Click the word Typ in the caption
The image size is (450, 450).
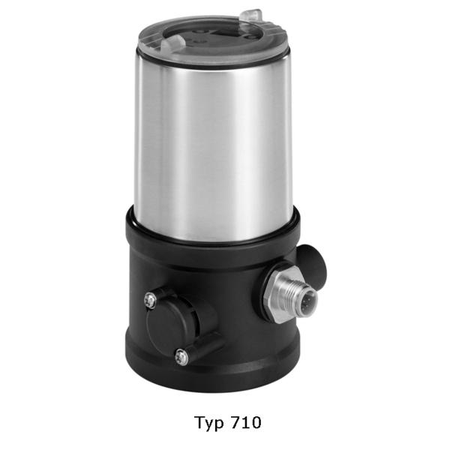tap(209, 424)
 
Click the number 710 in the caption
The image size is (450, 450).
tap(246, 422)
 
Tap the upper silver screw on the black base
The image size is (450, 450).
tap(150, 300)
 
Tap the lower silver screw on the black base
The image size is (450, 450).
tap(181, 357)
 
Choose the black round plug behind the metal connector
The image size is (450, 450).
tap(312, 262)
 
